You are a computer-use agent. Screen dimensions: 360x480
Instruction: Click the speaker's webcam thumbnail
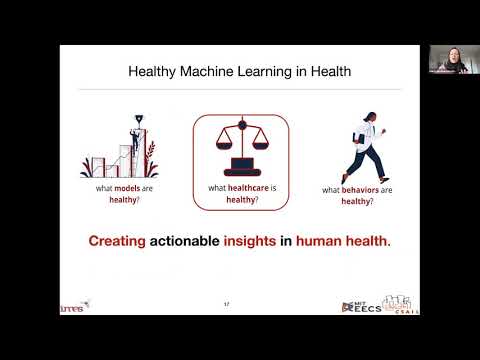coord(447,59)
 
